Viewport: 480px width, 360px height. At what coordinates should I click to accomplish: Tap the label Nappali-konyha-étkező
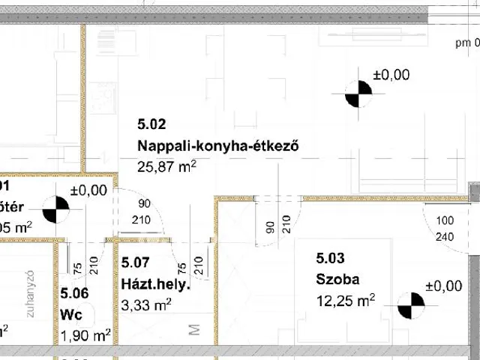pyautogui.click(x=218, y=146)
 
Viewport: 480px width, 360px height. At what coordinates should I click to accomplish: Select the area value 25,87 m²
pyautogui.click(x=166, y=167)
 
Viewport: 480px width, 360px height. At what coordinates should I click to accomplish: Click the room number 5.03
pyautogui.click(x=330, y=259)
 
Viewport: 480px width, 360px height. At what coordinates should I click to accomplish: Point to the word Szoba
pyautogui.click(x=337, y=280)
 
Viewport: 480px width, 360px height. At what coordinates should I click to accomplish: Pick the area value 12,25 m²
pyautogui.click(x=346, y=301)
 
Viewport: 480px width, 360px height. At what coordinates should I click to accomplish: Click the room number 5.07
pyautogui.click(x=136, y=263)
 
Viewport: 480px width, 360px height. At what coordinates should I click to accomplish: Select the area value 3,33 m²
pyautogui.click(x=146, y=304)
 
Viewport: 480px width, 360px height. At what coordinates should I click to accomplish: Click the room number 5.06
pyautogui.click(x=76, y=293)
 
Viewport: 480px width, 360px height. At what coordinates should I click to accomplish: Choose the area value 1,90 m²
pyautogui.click(x=86, y=334)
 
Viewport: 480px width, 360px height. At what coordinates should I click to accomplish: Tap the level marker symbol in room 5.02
pyautogui.click(x=358, y=94)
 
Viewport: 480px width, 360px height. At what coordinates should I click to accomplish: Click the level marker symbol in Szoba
pyautogui.click(x=411, y=306)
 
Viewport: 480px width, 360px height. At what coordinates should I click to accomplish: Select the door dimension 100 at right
pyautogui.click(x=446, y=222)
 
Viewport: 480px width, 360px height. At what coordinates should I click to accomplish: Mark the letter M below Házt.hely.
pyautogui.click(x=193, y=330)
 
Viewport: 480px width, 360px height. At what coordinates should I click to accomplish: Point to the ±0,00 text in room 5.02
pyautogui.click(x=391, y=74)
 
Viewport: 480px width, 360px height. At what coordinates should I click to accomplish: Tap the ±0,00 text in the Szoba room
pyautogui.click(x=443, y=286)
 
